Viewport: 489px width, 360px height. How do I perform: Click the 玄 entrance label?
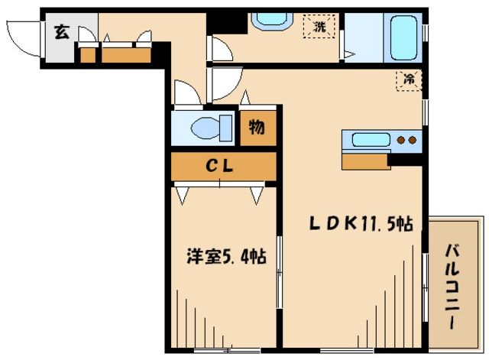(60, 32)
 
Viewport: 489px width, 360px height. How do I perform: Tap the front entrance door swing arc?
(21, 38)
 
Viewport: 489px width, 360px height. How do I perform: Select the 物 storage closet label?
(257, 128)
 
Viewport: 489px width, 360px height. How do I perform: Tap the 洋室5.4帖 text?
(227, 258)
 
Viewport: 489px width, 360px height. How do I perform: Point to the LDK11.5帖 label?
(361, 225)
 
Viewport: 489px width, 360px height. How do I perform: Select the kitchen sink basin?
(370, 141)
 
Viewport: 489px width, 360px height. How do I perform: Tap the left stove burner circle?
(401, 141)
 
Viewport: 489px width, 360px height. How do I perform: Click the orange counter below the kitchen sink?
(365, 161)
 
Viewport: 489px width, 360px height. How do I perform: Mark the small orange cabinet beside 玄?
(88, 55)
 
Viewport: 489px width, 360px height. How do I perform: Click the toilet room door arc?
(186, 94)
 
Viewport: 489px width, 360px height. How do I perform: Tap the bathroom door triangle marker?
(348, 54)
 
